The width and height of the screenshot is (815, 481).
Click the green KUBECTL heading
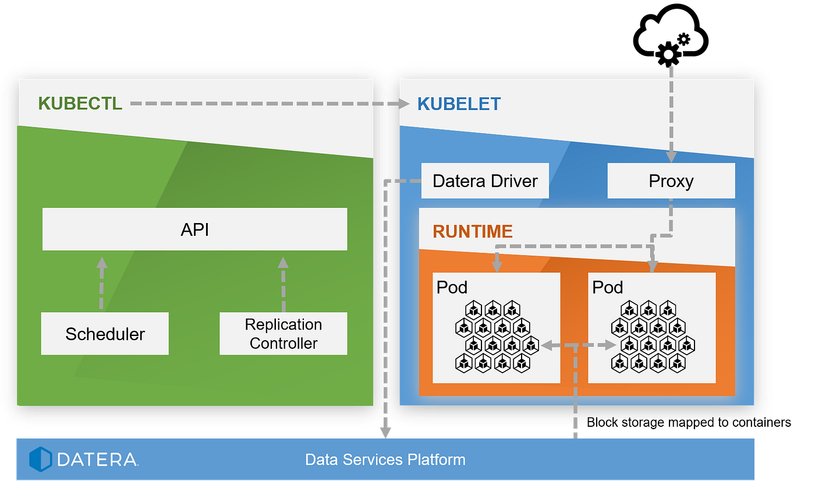pos(80,104)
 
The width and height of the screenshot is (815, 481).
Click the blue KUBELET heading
pos(459,104)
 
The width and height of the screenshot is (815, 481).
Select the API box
pos(194,229)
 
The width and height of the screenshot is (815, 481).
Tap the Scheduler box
pos(105,334)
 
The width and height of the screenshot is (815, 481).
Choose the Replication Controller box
pos(283,334)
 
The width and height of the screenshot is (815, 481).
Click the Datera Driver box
pos(485,181)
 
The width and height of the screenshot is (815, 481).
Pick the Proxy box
pos(671,181)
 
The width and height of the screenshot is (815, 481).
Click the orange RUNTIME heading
pos(473,231)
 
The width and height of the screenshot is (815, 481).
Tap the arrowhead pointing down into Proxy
pos(671,156)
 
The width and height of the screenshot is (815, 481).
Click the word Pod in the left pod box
pos(452,287)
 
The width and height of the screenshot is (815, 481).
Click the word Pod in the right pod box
pos(607,287)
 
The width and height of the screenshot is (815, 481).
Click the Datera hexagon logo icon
pos(41,459)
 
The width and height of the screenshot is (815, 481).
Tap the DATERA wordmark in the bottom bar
pos(97,459)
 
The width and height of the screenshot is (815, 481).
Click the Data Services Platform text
pos(385,459)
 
